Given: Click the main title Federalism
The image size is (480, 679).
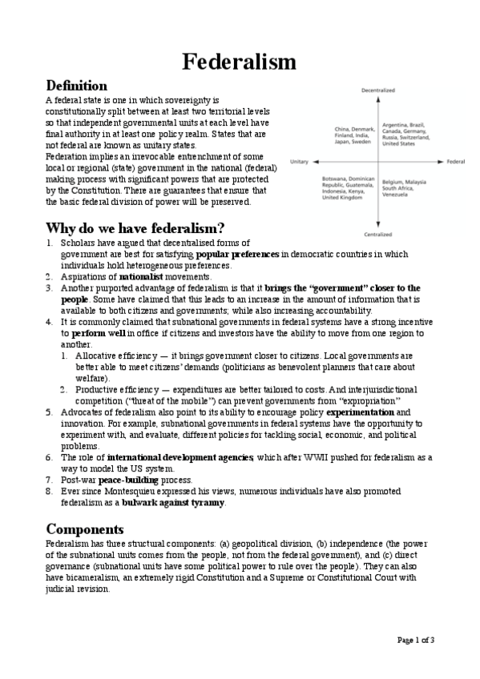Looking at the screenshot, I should [x=240, y=61].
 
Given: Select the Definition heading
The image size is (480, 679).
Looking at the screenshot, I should [x=77, y=85].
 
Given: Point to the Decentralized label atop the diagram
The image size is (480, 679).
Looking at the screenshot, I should [x=378, y=91].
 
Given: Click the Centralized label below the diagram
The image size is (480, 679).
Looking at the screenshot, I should [x=378, y=235].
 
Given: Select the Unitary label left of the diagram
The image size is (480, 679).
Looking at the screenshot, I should [x=300, y=161].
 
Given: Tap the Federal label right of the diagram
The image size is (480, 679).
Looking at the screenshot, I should [x=456, y=161].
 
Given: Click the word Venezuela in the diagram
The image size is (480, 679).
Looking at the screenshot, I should [x=398, y=195].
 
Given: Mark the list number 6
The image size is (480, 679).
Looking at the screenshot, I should [x=49, y=457].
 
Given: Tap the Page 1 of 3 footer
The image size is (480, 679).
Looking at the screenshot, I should [x=416, y=639].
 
